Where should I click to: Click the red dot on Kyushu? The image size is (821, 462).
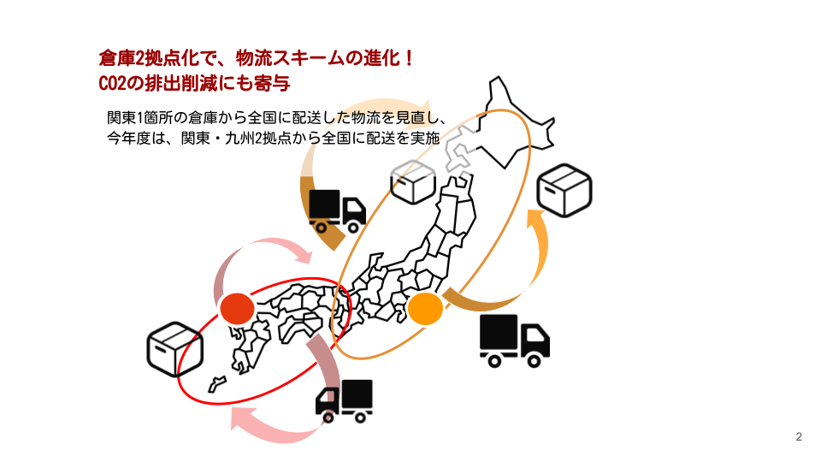pyautogui.click(x=237, y=309)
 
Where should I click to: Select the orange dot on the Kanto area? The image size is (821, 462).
pyautogui.click(x=424, y=308)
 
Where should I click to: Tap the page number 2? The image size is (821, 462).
pyautogui.click(x=799, y=438)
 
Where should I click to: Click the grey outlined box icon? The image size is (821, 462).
pyautogui.click(x=413, y=181)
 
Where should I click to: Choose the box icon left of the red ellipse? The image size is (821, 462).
pyautogui.click(x=174, y=349)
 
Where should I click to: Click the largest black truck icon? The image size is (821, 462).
pyautogui.click(x=513, y=340)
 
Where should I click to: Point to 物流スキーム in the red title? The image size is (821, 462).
pyautogui.click(x=281, y=60)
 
